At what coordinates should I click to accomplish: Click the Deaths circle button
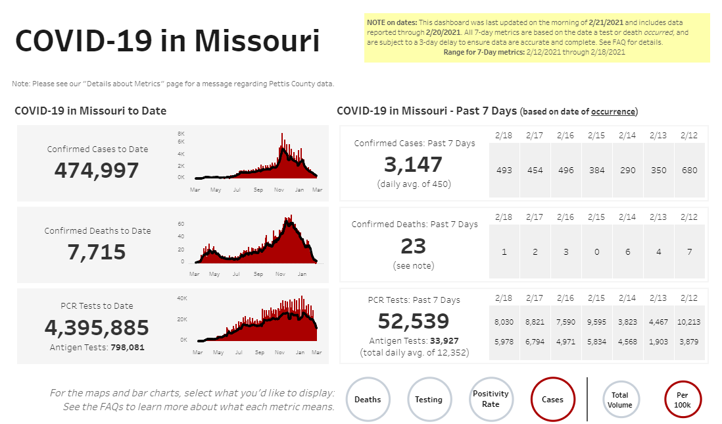pos(368,399)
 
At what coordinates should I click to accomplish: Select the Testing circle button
pos(429,399)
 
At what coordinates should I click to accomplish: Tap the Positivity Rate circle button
pos(491,399)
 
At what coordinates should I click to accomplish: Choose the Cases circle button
pos(552,399)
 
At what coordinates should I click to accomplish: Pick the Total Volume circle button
pos(620,400)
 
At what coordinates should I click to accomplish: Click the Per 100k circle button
pos(682,400)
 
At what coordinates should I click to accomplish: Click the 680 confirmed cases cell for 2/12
pos(690,171)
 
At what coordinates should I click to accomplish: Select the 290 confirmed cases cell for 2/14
pos(628,171)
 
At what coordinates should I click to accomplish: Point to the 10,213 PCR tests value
pos(690,322)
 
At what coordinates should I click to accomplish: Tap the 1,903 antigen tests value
pos(659,341)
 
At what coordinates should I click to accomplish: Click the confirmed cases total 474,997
pos(97,171)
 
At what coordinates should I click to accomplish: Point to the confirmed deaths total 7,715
pos(97,252)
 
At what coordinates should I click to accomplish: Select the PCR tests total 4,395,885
pos(97,327)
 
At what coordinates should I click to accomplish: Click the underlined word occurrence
pos(613,112)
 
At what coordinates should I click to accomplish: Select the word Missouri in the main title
pos(256,41)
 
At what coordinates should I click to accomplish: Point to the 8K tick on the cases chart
pos(181,134)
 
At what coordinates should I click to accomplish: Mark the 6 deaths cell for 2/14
pos(628,252)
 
